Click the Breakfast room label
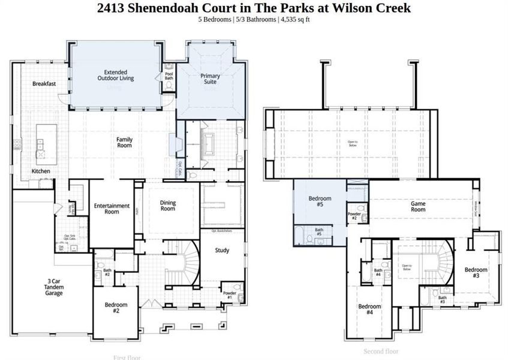[x=44, y=84]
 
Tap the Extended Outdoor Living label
[x=115, y=74]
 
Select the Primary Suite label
[x=210, y=79]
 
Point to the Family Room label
[x=124, y=142]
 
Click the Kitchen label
[x=41, y=171]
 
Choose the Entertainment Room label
[x=112, y=208]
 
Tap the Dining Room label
[x=168, y=206]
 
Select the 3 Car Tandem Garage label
[x=53, y=287]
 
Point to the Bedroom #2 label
[x=116, y=308]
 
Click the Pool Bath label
[x=169, y=76]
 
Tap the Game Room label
[x=418, y=206]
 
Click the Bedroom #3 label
[x=476, y=273]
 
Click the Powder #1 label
[x=230, y=295]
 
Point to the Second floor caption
[x=381, y=351]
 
